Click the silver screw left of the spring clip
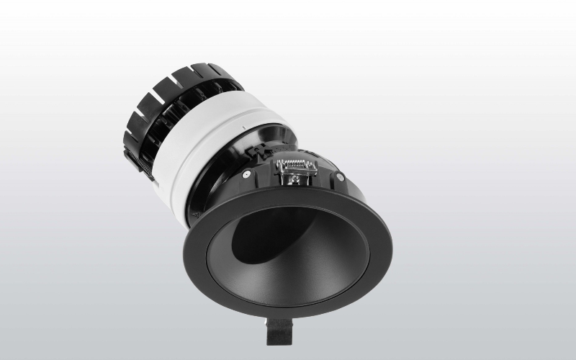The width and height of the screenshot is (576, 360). pos(246,174)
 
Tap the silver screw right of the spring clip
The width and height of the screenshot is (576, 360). pos(341,177)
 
